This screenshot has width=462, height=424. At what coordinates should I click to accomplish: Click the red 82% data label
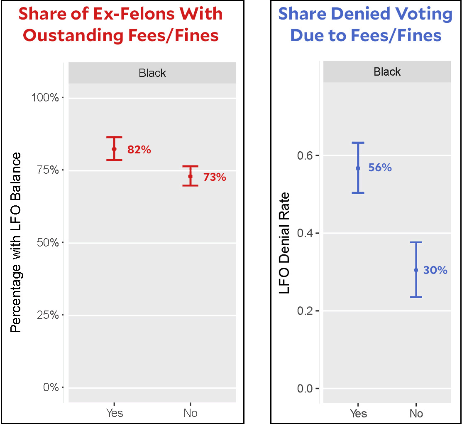[139, 150]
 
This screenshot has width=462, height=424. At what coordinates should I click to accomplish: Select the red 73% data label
[215, 177]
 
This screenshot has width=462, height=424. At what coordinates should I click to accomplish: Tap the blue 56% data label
[380, 168]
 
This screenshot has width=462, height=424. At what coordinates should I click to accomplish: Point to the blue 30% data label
[435, 270]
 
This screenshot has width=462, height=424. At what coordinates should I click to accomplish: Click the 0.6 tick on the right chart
[306, 155]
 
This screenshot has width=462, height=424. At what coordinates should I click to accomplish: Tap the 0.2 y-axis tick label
[306, 311]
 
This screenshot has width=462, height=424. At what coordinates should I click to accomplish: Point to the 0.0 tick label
[306, 389]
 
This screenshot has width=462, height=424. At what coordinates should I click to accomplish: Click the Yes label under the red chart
[114, 413]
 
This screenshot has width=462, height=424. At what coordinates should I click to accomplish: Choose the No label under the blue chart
[416, 413]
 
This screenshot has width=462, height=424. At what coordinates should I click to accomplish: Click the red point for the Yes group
[114, 149]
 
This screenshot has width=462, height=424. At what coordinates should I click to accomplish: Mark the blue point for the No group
[416, 270]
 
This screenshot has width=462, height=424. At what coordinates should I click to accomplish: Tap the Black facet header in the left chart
[152, 74]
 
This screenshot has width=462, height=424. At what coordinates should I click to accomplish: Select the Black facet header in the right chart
[387, 72]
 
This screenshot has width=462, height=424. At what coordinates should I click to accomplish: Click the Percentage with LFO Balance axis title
[16, 243]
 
